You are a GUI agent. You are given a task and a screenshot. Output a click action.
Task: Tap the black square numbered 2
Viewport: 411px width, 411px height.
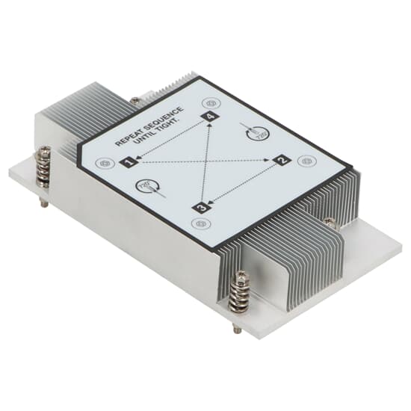tap(282, 159)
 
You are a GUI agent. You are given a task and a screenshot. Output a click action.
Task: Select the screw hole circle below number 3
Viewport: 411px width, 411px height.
tap(198, 223)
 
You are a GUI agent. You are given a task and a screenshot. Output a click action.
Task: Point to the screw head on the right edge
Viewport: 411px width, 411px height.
tap(330, 220)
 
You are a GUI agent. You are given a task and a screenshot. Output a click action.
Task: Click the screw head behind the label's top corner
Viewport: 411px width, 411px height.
tap(135, 99)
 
